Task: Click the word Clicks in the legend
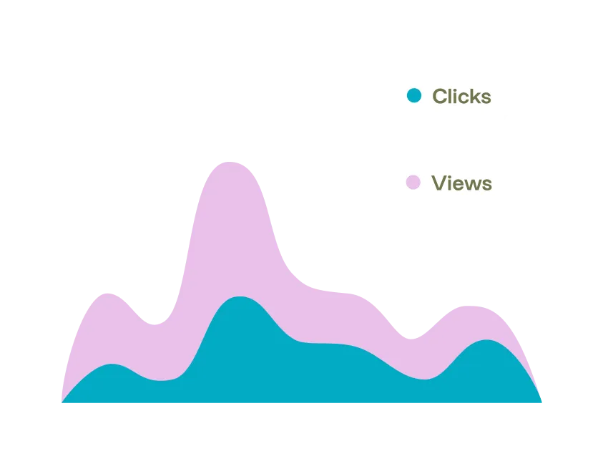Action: tap(461, 96)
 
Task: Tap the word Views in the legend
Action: tap(461, 183)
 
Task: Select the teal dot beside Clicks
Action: tap(414, 95)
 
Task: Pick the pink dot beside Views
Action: tap(413, 183)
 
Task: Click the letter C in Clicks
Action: tap(439, 96)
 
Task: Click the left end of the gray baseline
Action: tap(59, 405)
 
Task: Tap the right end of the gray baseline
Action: tap(542, 405)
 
